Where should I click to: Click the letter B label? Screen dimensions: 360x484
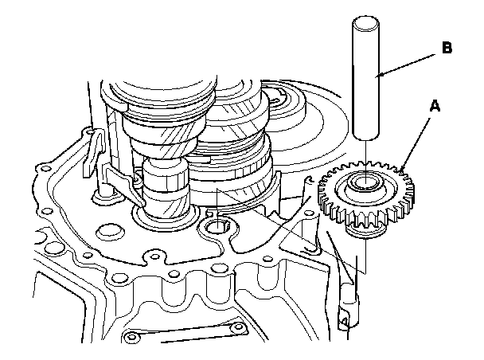tap(447, 48)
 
